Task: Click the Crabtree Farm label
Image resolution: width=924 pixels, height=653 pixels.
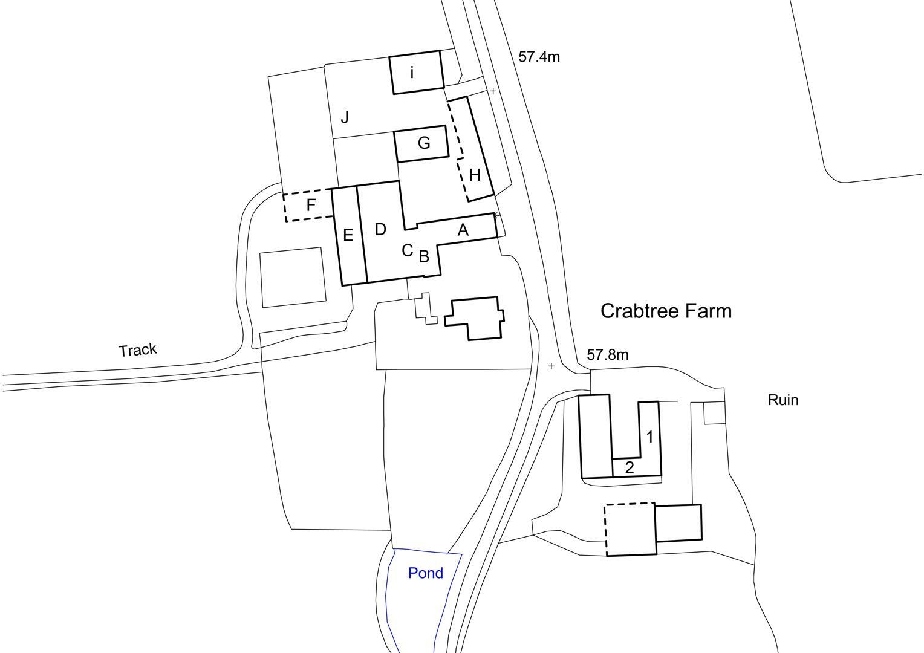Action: [x=666, y=311]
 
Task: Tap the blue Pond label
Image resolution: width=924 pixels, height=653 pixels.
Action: [x=426, y=573]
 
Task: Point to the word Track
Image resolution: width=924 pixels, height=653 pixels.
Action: [x=138, y=350]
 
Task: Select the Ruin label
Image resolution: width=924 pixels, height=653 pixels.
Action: [x=783, y=400]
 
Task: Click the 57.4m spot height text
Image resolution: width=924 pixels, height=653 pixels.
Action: [x=539, y=57]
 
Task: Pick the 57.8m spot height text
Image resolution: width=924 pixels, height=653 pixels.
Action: [x=607, y=355]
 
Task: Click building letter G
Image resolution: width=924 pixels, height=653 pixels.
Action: [x=424, y=143]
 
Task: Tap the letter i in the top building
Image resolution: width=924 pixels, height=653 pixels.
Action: [x=412, y=73]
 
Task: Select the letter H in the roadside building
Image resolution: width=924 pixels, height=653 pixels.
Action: [x=475, y=175]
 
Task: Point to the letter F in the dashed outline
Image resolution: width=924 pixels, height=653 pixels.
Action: [x=311, y=205]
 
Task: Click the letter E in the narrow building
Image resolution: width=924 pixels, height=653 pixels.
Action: [x=348, y=235]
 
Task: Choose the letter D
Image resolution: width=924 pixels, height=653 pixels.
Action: [x=380, y=229]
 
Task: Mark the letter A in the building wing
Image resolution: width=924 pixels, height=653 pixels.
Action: [x=463, y=230]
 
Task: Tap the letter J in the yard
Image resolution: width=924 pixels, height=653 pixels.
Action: [x=345, y=117]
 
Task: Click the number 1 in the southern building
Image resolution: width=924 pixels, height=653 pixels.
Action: [x=650, y=437]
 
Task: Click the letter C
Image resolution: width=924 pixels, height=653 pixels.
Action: [x=408, y=250]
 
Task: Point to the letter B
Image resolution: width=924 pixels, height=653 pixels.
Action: [x=424, y=256]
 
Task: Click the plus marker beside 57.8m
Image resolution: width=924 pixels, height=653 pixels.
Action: [x=551, y=366]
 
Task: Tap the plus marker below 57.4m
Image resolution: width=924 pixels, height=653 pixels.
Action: [x=493, y=91]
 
